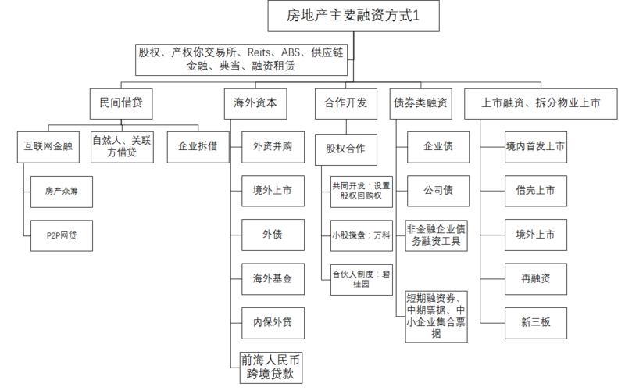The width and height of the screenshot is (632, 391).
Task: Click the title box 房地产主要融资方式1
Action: pyautogui.click(x=354, y=15)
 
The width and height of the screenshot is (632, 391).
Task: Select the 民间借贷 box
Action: pyautogui.click(x=121, y=102)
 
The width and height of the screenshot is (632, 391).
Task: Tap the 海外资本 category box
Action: pyautogui.click(x=255, y=102)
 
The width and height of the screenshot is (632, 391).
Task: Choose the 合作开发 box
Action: pyautogui.click(x=345, y=102)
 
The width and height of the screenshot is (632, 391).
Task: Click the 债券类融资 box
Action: pyautogui.click(x=420, y=102)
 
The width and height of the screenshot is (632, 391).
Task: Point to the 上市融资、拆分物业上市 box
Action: pyautogui.click(x=543, y=102)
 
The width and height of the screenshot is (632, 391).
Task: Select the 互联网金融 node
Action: pyautogui.click(x=48, y=146)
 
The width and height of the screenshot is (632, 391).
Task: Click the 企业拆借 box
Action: pyautogui.click(x=198, y=146)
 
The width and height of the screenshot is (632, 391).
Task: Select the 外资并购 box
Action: pyautogui.click(x=273, y=146)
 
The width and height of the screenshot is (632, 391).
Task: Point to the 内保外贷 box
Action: pyautogui.click(x=273, y=323)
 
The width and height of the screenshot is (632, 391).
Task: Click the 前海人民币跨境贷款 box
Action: pyautogui.click(x=270, y=366)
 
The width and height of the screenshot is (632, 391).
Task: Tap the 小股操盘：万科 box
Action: pyautogui.click(x=361, y=235)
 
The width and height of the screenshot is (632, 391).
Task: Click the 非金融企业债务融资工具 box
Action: pyautogui.click(x=437, y=235)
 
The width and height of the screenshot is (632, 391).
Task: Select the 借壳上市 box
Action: pyautogui.click(x=535, y=190)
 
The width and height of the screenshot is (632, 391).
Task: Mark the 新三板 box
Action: pyautogui.click(x=535, y=323)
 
